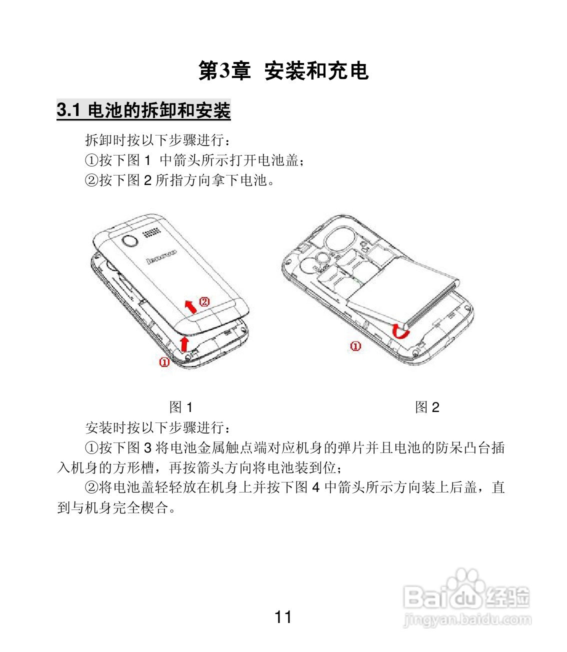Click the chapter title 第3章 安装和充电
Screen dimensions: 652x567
tap(283, 71)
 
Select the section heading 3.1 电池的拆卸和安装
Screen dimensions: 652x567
tap(143, 110)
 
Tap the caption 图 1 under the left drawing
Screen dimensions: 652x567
tap(181, 407)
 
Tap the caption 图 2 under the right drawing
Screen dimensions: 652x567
tap(427, 407)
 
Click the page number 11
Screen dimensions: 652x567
tap(283, 617)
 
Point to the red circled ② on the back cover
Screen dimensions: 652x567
tap(204, 301)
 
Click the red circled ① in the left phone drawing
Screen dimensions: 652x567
tap(164, 362)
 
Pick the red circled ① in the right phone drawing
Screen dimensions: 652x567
tap(355, 346)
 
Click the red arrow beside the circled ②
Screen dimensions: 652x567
tap(190, 305)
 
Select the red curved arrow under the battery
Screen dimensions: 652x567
tap(400, 330)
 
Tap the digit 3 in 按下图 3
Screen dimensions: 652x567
tap(147, 447)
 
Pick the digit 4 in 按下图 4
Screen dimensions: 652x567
tap(315, 487)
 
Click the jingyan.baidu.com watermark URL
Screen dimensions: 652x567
tap(467, 620)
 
